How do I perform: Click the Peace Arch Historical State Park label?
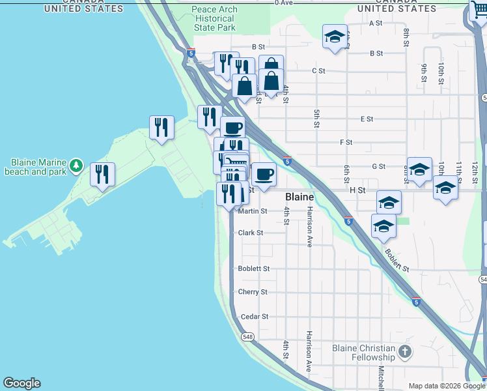[214, 19]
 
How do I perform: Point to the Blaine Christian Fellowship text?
[364, 353]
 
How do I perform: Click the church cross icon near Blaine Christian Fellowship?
[404, 353]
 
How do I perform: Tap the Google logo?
[21, 383]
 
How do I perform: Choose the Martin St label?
[253, 211]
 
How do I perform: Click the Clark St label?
[251, 233]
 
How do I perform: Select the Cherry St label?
[253, 292]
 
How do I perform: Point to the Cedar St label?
[254, 317]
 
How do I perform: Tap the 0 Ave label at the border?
[285, 3]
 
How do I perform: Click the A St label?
[375, 23]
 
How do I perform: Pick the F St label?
[346, 142]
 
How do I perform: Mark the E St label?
[367, 119]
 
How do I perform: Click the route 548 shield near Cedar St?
[247, 337]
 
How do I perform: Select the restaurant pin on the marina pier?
[161, 127]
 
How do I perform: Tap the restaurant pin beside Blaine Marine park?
[102, 174]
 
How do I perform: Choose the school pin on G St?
[419, 169]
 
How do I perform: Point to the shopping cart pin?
[479, 11]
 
